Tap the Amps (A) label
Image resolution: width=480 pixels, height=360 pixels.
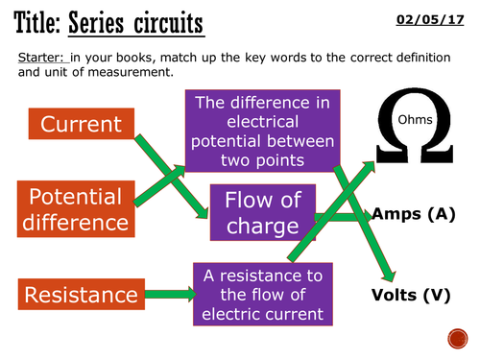pyautogui.click(x=413, y=213)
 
